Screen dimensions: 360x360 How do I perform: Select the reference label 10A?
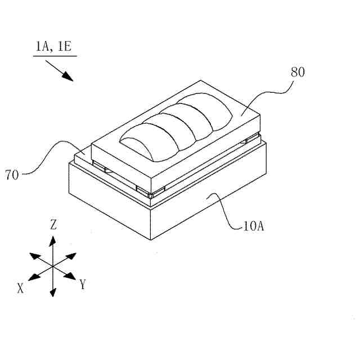[254, 227]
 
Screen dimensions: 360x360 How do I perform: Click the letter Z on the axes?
[53, 225]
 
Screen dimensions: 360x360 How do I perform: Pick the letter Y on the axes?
[83, 284]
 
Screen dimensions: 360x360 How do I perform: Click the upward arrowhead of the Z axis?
[52, 240]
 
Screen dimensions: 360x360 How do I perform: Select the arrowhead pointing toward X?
[33, 277]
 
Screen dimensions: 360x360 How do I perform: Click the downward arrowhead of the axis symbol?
[52, 291]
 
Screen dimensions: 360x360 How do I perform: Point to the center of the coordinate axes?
[52, 265]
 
